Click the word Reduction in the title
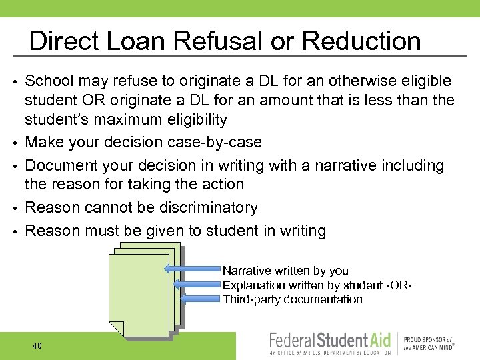click(361, 41)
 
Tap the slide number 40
click(37, 345)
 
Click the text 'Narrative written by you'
click(285, 271)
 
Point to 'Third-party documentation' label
click(292, 299)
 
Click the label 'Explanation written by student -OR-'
click(317, 285)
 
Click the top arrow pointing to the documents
click(193, 270)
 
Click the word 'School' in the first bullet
click(48, 81)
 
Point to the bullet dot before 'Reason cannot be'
click(14, 209)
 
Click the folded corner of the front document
click(117, 329)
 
